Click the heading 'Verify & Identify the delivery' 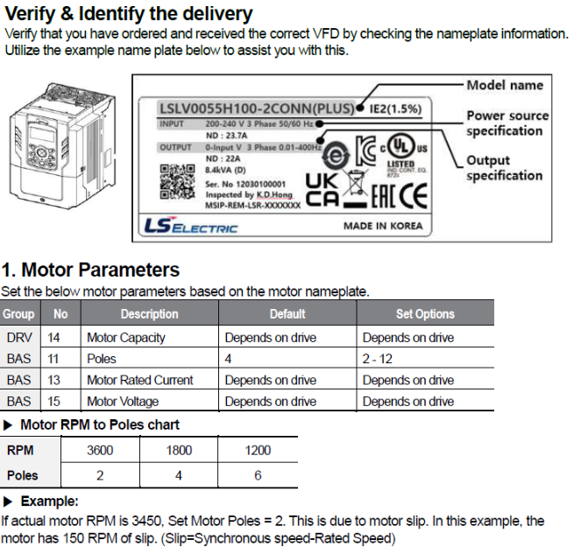pyautogui.click(x=129, y=14)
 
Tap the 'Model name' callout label pyautogui.click(x=504, y=85)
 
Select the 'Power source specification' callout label pyautogui.click(x=507, y=123)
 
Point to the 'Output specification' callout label pyautogui.click(x=504, y=168)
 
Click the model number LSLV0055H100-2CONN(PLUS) pyautogui.click(x=258, y=109)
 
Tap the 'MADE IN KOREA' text pyautogui.click(x=382, y=226)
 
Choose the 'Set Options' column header pyautogui.click(x=425, y=314)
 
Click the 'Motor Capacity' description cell pyautogui.click(x=125, y=337)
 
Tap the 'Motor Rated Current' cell pyautogui.click(x=139, y=380)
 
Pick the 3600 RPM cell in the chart pyautogui.click(x=100, y=450)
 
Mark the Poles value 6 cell pyautogui.click(x=259, y=476)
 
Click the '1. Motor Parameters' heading pyautogui.click(x=91, y=270)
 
